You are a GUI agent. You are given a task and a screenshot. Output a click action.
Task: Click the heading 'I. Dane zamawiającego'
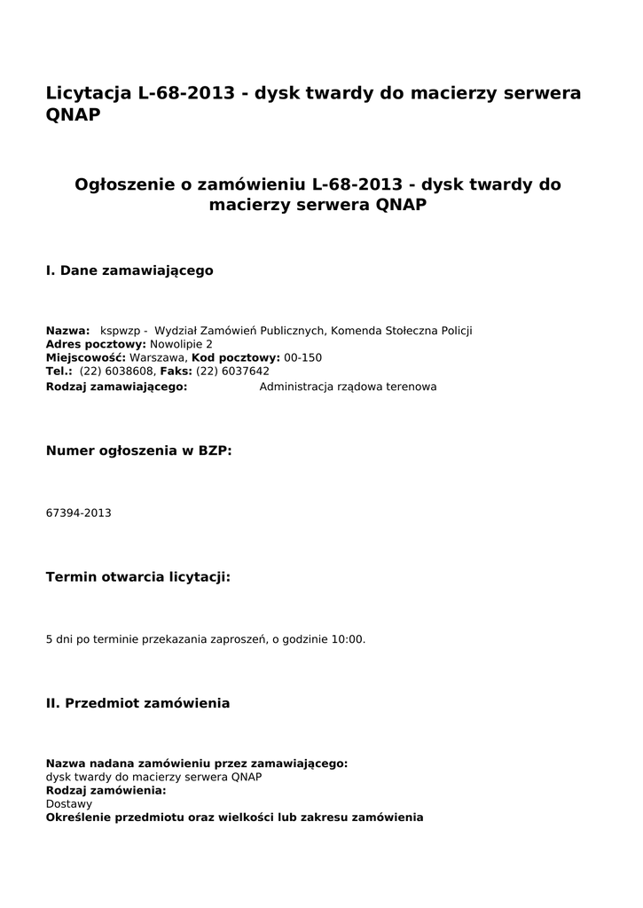[x=129, y=270]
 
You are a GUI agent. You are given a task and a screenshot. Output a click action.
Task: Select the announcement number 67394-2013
[x=78, y=513]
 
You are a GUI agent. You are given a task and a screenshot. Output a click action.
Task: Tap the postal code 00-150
[x=303, y=358]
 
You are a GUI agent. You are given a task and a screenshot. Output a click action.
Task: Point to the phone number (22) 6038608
[x=117, y=372]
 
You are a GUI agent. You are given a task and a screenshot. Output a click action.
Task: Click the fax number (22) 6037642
[x=232, y=372]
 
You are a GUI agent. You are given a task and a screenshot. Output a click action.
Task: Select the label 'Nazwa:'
[x=67, y=331]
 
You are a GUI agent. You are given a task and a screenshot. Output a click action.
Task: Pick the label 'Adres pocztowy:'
[x=96, y=344]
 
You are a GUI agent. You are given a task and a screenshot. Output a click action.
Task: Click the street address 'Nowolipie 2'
[x=181, y=344]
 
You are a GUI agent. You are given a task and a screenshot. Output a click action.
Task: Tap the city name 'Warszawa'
[x=158, y=358]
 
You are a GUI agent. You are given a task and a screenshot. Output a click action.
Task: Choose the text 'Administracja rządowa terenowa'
[x=348, y=387]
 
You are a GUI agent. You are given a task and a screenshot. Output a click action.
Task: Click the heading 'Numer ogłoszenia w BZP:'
[x=138, y=450]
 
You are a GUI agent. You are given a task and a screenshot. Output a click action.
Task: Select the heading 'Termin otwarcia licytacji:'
[x=137, y=577]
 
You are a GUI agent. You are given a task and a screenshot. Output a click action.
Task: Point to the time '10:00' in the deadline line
[x=348, y=639]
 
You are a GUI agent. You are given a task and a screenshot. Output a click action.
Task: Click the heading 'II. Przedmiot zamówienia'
[x=137, y=703]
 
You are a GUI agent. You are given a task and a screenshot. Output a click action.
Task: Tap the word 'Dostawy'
[x=68, y=803]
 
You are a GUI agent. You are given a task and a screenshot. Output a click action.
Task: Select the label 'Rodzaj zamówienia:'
[x=106, y=790]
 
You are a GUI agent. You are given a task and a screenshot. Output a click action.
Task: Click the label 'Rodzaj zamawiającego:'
[x=116, y=387]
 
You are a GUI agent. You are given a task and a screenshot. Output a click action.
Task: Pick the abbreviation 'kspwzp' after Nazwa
[x=120, y=331]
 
